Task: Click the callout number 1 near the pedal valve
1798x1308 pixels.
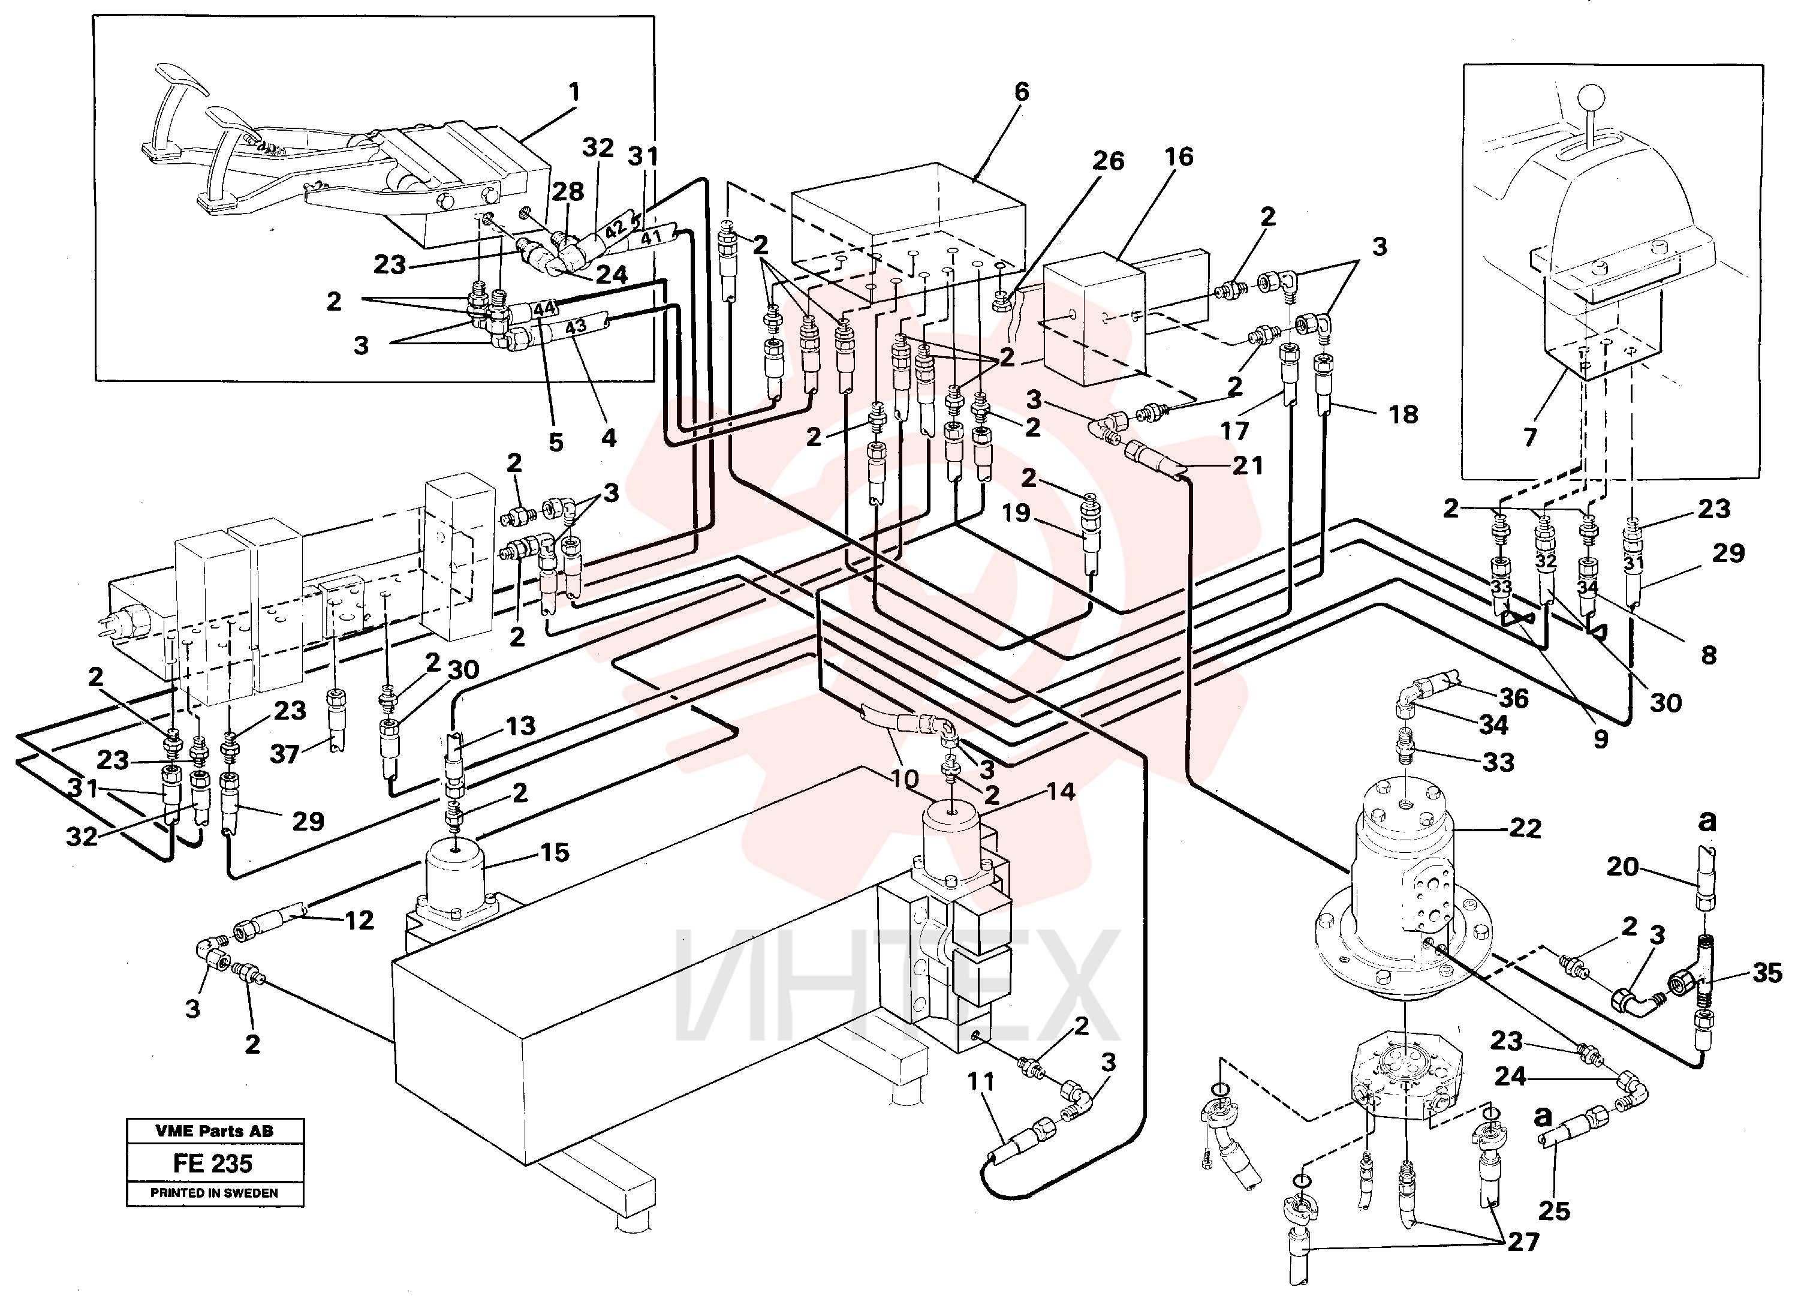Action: (x=574, y=93)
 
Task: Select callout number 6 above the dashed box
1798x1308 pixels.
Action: (x=1022, y=92)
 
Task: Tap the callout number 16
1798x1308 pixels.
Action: (x=1179, y=157)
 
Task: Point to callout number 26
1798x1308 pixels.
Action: (x=1109, y=161)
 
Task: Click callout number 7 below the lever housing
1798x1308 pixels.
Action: (x=1529, y=437)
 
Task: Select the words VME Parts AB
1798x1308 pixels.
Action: (x=214, y=1131)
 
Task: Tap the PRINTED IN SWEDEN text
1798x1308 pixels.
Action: (x=214, y=1193)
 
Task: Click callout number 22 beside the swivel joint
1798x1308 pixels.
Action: (x=1525, y=829)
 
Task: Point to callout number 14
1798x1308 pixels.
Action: (x=1061, y=792)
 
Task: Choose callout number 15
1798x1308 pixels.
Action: (x=555, y=853)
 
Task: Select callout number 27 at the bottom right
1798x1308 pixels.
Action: (x=1523, y=1242)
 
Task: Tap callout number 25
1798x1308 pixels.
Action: (x=1554, y=1211)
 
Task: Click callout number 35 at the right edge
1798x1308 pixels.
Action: (x=1767, y=973)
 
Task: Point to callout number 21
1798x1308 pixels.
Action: (x=1247, y=465)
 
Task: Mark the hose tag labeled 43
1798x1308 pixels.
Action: (x=576, y=326)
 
